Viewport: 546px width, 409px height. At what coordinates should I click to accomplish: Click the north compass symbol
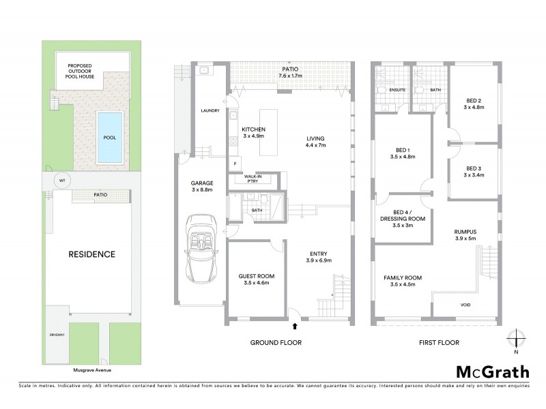(517, 341)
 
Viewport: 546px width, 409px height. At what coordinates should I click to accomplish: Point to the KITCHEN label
(253, 130)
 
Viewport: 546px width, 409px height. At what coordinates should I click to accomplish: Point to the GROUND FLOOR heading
(276, 342)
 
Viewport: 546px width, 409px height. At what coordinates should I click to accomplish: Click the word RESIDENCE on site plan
(91, 254)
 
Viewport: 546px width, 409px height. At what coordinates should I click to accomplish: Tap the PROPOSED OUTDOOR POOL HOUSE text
(84, 71)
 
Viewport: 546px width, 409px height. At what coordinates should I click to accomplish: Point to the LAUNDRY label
(208, 110)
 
